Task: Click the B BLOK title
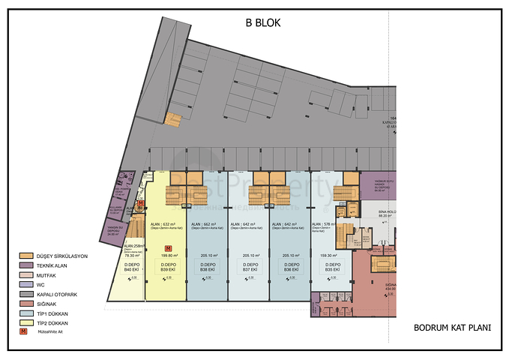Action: [262, 22]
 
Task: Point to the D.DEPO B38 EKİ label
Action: [208, 268]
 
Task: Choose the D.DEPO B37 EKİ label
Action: [250, 268]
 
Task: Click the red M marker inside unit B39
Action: [168, 247]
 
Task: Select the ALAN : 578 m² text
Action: [325, 224]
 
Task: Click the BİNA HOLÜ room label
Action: [385, 212]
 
